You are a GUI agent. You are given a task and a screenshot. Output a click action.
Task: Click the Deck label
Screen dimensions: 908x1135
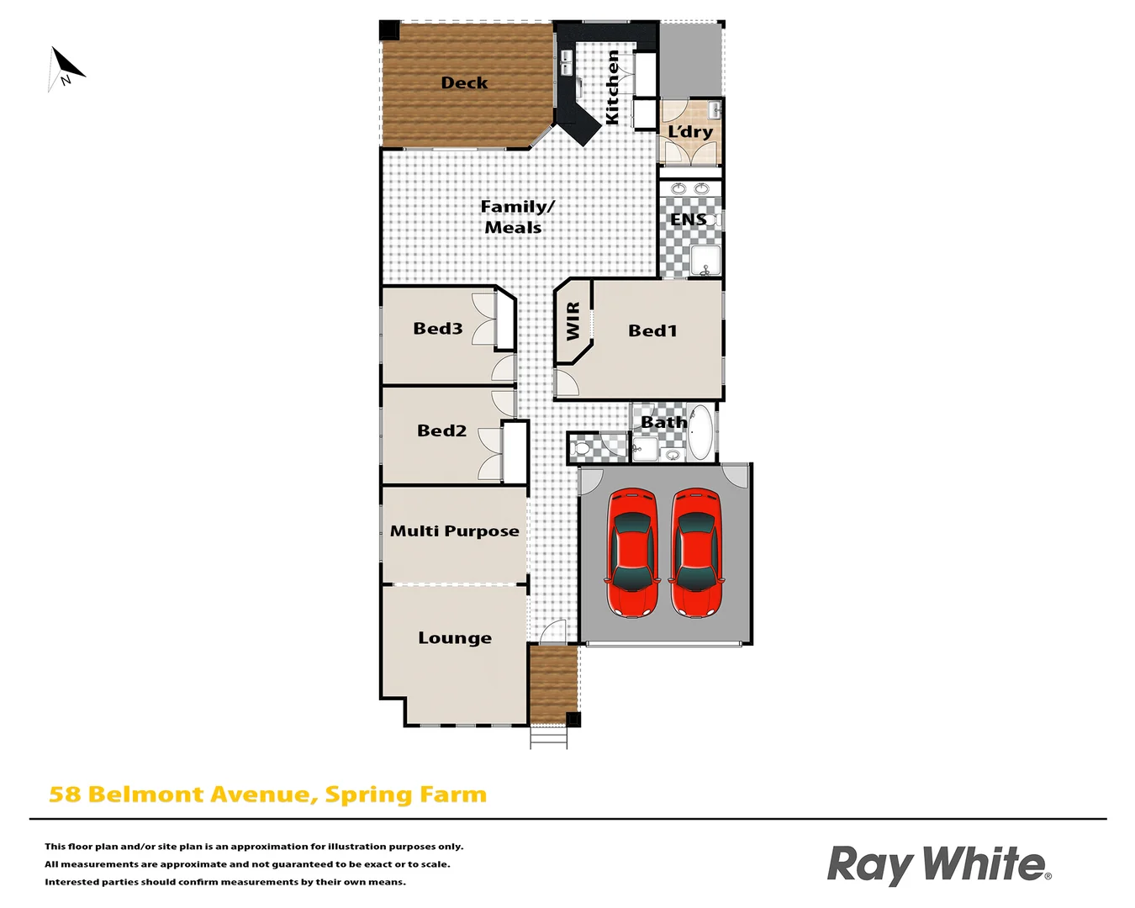click(464, 82)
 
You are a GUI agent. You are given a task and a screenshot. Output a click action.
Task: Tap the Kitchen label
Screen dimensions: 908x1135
click(613, 87)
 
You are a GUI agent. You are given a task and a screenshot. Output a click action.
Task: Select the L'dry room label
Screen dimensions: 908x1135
click(690, 132)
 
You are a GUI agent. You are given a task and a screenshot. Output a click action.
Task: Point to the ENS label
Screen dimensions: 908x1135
click(688, 219)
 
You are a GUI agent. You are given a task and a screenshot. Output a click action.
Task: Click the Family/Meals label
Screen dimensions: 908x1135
click(515, 217)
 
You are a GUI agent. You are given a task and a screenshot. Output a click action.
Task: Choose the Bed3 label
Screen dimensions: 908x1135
click(437, 329)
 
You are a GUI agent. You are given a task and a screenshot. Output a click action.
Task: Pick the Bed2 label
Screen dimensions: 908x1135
click(441, 430)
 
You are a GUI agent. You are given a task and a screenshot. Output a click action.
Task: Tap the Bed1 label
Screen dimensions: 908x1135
click(652, 331)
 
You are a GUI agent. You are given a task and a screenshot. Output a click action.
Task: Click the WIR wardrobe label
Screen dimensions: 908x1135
click(573, 321)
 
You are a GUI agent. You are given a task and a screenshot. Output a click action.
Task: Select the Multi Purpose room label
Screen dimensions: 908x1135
click(454, 531)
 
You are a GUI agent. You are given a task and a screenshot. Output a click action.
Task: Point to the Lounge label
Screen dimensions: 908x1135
click(455, 638)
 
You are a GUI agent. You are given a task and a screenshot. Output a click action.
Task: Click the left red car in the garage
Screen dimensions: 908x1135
click(632, 552)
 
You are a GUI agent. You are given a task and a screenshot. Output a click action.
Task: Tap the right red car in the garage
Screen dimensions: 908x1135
click(696, 552)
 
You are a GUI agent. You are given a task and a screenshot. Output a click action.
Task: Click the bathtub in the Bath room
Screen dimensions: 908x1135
click(699, 432)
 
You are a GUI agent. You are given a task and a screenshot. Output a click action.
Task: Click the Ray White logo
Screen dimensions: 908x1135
click(938, 864)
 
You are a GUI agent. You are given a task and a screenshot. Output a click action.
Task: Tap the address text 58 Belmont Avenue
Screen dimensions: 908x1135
click(267, 794)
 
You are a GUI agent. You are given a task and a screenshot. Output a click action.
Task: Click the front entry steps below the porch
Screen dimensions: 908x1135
click(548, 736)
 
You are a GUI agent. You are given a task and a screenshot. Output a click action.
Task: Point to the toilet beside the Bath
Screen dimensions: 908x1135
click(581, 448)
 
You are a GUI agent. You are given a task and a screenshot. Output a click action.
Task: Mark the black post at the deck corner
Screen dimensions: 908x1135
click(389, 30)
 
